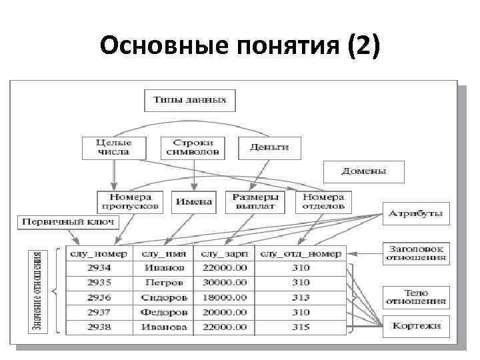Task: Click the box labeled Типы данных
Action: pos(190,101)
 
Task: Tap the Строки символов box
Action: pos(193,147)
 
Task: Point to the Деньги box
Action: pos(269,147)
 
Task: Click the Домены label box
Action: pos(363,171)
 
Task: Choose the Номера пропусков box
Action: pos(130,201)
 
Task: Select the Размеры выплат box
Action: pos(254,201)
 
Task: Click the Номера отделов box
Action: pos(323,201)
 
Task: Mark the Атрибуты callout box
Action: pos(416,213)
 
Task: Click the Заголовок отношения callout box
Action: pos(416,253)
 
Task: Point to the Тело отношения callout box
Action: pos(416,297)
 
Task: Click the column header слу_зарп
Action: pos(223,253)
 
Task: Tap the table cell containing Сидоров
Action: pos(163,297)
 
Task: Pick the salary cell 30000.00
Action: pos(223,282)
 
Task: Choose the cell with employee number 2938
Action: pos(99,327)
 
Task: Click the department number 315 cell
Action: pos(300,327)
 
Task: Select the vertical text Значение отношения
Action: pos(39,292)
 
